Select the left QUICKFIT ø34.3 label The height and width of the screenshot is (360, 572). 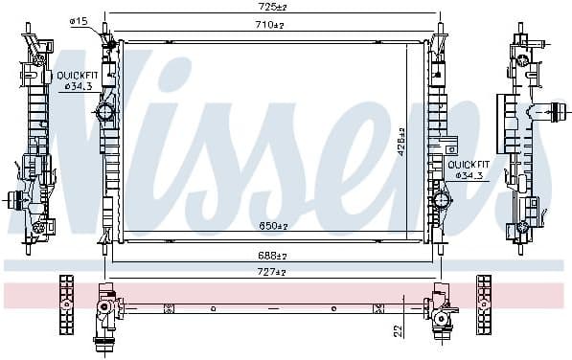[x=74, y=80]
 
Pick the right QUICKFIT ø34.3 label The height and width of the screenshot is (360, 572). [x=469, y=169]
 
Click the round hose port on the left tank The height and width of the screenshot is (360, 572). [x=105, y=113]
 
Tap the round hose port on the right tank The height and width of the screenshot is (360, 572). [x=442, y=200]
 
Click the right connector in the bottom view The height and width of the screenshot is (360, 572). [x=442, y=312]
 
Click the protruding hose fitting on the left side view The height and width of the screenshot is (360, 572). [x=14, y=200]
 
